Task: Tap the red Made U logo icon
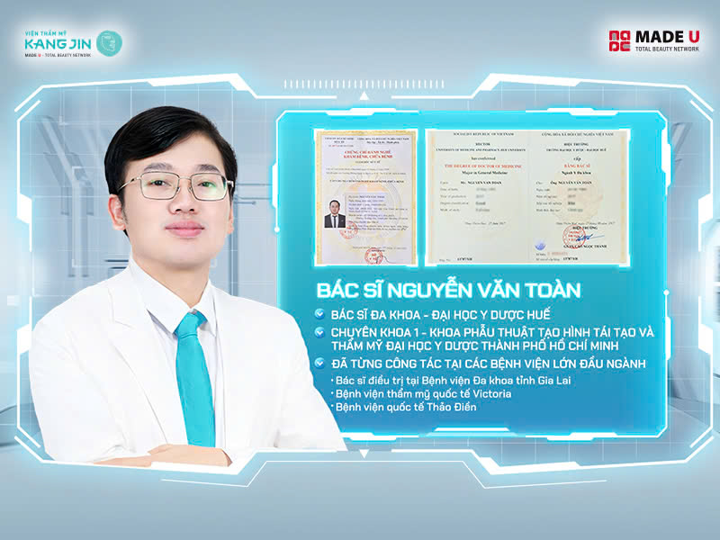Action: tap(619, 41)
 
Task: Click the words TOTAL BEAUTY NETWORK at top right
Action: tap(667, 49)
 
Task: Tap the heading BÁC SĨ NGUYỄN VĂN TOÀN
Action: tap(448, 291)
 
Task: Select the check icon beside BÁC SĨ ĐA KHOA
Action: tap(320, 314)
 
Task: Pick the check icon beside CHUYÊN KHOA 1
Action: tap(320, 332)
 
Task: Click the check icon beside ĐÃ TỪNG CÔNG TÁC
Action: tap(320, 364)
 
